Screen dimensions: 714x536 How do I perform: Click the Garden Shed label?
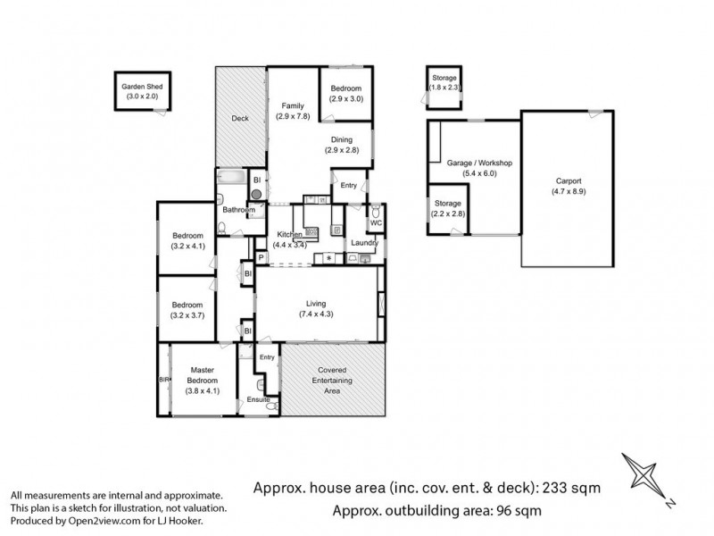tap(142, 87)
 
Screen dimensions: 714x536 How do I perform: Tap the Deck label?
tap(240, 119)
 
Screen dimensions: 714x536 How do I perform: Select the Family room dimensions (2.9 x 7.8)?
tap(293, 116)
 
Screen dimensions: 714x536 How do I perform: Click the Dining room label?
tap(342, 139)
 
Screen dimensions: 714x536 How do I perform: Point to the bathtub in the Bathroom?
tap(232, 177)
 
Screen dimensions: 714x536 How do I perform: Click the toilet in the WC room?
tap(376, 212)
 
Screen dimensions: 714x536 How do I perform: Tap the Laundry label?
tap(364, 243)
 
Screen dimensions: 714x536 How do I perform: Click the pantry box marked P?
tap(261, 258)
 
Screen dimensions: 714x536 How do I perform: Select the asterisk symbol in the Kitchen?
tap(328, 259)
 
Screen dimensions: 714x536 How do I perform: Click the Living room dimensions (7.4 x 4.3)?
tap(316, 314)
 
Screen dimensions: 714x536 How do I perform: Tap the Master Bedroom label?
tap(203, 375)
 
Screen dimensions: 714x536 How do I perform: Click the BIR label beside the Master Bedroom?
tap(164, 379)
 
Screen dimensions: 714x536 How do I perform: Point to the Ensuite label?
tap(258, 399)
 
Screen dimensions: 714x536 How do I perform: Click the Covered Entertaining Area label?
tap(332, 381)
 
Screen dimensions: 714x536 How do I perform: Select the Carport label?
tap(569, 181)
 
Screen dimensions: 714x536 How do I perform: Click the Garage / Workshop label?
tap(479, 163)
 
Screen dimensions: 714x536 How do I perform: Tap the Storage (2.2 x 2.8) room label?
tap(448, 204)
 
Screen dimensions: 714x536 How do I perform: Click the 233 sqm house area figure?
tap(570, 488)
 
